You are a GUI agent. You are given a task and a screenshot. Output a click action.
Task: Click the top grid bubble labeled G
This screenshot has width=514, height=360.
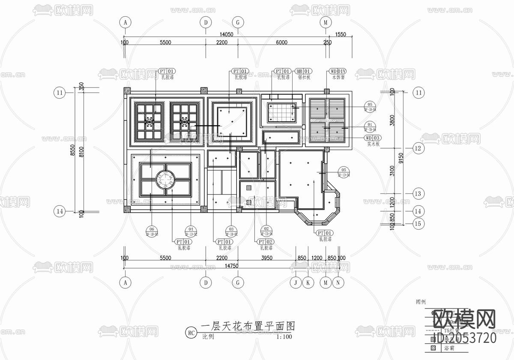pyautogui.click(x=237, y=22)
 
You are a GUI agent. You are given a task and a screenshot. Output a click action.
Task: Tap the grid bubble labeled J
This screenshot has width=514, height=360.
pyautogui.click(x=295, y=282)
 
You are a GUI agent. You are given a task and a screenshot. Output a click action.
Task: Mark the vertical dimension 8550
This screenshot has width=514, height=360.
pyautogui.click(x=73, y=151)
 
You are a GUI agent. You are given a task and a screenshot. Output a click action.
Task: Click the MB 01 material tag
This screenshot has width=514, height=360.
pyautogui.click(x=304, y=71)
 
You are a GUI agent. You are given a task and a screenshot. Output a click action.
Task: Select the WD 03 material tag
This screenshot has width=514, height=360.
pyautogui.click(x=372, y=138)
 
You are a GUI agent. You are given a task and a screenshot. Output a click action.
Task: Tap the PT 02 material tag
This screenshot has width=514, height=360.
pyautogui.click(x=264, y=242)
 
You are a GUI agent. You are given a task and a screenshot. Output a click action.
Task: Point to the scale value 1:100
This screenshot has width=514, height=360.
pyautogui.click(x=284, y=337)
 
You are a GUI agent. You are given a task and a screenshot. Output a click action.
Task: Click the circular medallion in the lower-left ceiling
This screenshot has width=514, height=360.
pyautogui.click(x=165, y=180)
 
